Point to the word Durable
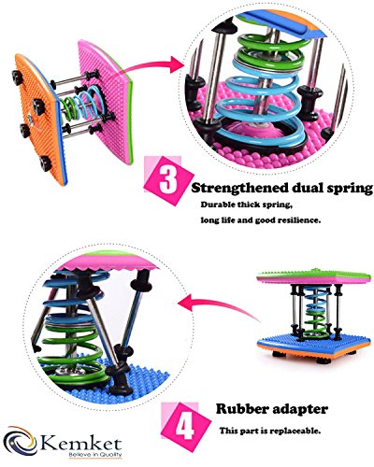coord(217,205)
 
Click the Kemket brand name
coord(81,444)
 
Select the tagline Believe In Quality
coord(95,455)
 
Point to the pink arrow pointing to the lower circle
coord(218,306)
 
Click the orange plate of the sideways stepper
coord(39,120)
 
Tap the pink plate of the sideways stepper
coord(106,101)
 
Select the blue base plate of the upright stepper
coord(314,345)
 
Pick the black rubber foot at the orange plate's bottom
coord(46,163)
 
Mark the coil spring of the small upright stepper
coord(315,312)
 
